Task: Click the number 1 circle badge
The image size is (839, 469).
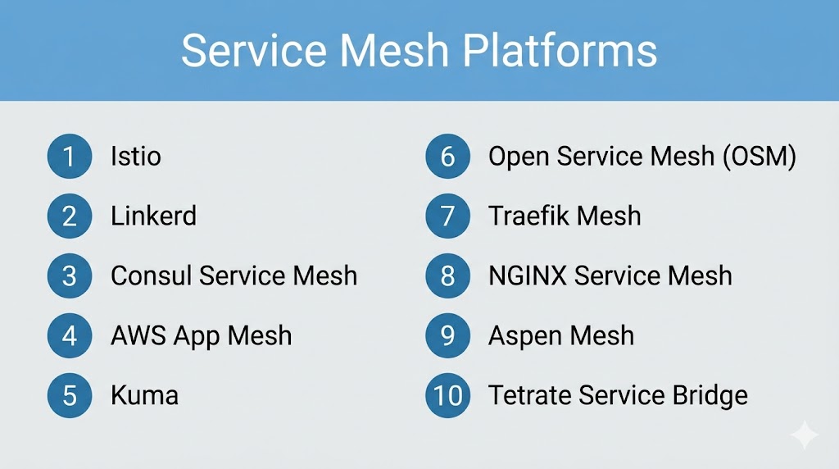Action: pyautogui.click(x=70, y=157)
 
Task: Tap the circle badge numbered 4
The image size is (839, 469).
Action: pyautogui.click(x=70, y=335)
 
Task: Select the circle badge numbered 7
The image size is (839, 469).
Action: pyautogui.click(x=448, y=216)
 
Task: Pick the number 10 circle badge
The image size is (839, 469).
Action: pyautogui.click(x=448, y=396)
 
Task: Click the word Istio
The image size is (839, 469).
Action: pyautogui.click(x=136, y=157)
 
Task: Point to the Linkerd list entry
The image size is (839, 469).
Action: pyautogui.click(x=153, y=216)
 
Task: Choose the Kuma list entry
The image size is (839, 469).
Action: pyautogui.click(x=144, y=396)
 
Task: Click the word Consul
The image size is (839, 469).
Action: pyautogui.click(x=152, y=275)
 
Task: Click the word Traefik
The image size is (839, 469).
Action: pyautogui.click(x=528, y=216)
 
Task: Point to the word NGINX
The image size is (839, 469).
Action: pyautogui.click(x=528, y=275)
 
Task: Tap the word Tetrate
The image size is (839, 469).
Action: pyautogui.click(x=530, y=396)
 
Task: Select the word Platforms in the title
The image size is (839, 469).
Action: pyautogui.click(x=560, y=51)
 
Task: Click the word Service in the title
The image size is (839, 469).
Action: pyautogui.click(x=254, y=51)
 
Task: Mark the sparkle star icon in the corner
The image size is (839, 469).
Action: pyautogui.click(x=805, y=435)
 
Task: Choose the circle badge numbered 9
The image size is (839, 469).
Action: pyautogui.click(x=448, y=335)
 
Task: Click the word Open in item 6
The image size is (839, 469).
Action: pyautogui.click(x=519, y=157)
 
